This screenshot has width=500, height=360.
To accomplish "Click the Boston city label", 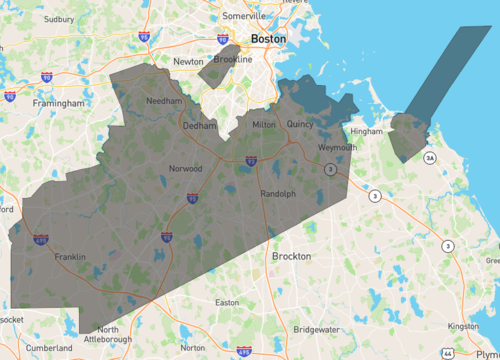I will click(268, 39).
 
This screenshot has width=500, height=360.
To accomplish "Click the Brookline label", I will click(233, 60).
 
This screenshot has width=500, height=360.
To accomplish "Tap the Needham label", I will click(163, 102).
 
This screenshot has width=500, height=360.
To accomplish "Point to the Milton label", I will click(263, 124).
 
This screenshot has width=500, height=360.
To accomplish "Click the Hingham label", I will click(366, 131).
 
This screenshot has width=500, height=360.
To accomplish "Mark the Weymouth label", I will click(337, 148).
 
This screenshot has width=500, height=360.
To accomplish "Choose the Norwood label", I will click(186, 168).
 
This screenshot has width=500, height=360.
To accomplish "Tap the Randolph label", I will click(278, 194).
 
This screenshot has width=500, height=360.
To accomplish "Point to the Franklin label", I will click(70, 257).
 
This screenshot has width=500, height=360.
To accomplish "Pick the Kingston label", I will click(464, 326).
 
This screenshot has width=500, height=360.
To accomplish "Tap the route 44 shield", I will click(449, 353).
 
